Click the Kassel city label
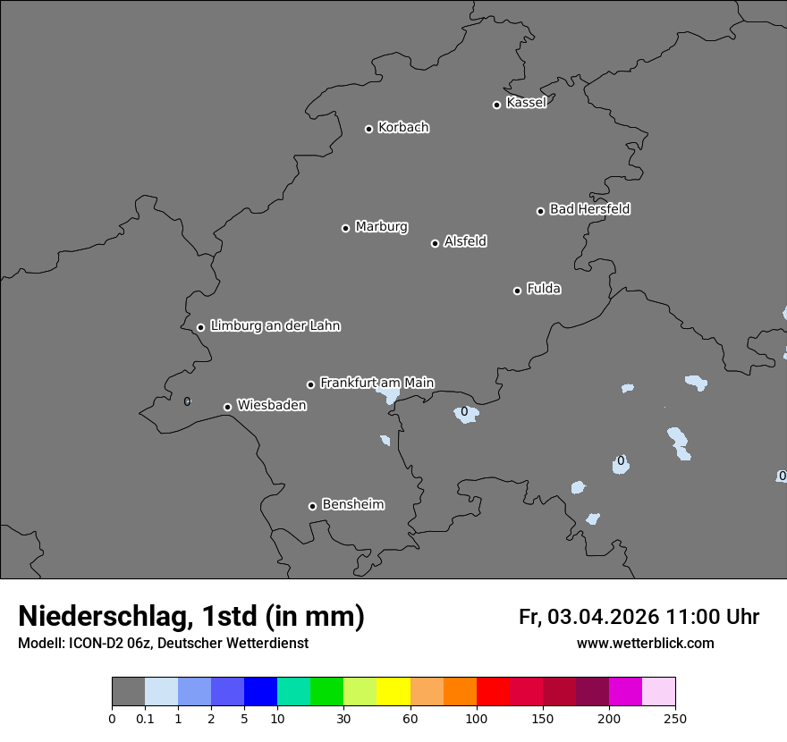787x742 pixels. [x=526, y=103]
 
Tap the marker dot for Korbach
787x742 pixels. [x=368, y=129]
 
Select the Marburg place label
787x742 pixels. [x=381, y=227]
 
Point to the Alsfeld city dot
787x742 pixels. [x=435, y=243]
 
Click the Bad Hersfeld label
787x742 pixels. [x=589, y=209]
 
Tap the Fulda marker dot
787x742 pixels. [x=517, y=291]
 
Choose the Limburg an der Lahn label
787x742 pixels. [x=275, y=326]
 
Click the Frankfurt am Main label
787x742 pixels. [x=377, y=383]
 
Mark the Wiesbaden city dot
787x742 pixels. [x=227, y=407]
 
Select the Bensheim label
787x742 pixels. [x=352, y=504]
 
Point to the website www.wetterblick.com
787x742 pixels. [x=645, y=643]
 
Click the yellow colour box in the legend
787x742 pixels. [x=393, y=692]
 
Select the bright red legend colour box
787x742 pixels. [x=493, y=692]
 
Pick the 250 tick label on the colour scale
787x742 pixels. [x=675, y=719]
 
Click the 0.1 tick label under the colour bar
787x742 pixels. [x=144, y=719]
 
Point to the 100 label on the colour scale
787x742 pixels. [x=477, y=719]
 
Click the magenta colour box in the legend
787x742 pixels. [x=625, y=692]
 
